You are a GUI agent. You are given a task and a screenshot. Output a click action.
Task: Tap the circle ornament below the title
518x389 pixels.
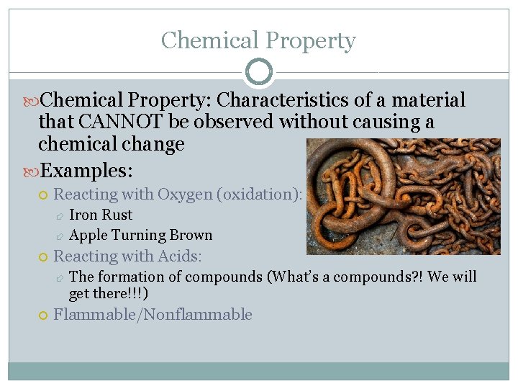pyautogui.click(x=259, y=72)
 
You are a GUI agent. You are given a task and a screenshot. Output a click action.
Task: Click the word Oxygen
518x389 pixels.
pyautogui.click(x=186, y=194)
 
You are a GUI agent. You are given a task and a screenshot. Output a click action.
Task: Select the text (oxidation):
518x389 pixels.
pyautogui.click(x=261, y=194)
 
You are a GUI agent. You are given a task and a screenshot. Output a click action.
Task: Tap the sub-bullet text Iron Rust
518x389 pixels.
pyautogui.click(x=101, y=215)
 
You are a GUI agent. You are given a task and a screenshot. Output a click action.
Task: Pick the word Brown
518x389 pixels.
pyautogui.click(x=191, y=235)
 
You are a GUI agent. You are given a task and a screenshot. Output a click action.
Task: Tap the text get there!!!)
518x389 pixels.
pyautogui.click(x=109, y=293)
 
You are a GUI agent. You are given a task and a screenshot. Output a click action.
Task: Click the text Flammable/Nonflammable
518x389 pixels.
pyautogui.click(x=153, y=314)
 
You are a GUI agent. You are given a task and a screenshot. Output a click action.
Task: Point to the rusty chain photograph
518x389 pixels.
pyautogui.click(x=403, y=196)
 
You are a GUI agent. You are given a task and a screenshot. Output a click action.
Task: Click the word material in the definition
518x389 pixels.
pyautogui.click(x=430, y=100)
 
